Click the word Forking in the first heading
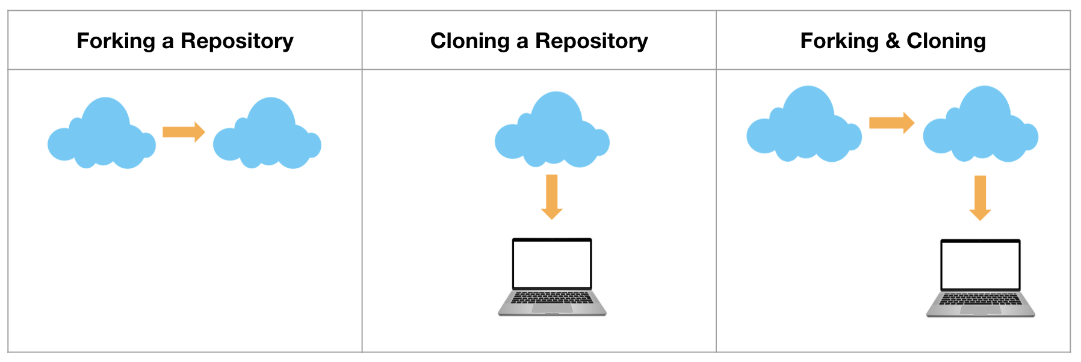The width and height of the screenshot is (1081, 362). [116, 41]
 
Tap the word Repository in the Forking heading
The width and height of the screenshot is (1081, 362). [237, 41]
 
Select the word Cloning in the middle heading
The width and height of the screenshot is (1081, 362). [470, 41]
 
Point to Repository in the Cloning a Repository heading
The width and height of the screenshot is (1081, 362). [592, 41]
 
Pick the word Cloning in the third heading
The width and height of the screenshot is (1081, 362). [946, 41]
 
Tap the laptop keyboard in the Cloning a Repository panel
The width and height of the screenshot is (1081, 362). [552, 298]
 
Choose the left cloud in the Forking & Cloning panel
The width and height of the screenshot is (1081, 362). [804, 128]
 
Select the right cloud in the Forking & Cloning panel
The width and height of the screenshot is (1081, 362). [980, 128]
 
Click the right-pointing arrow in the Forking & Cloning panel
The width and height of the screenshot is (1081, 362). [891, 123]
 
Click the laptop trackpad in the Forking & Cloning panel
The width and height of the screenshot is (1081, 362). [980, 310]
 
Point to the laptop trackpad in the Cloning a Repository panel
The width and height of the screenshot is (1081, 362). [552, 308]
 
